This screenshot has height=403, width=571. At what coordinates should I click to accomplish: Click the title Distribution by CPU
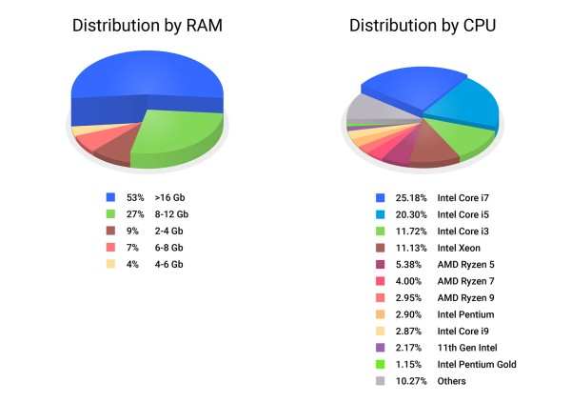pos(422,26)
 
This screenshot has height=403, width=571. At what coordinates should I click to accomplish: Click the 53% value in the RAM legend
pos(134,199)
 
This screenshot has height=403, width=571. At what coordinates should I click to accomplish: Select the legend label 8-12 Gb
pos(171,215)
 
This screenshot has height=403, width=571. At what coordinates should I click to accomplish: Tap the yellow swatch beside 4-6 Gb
pos(110,264)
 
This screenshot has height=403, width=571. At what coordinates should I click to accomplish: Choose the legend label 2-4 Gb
pos(168,232)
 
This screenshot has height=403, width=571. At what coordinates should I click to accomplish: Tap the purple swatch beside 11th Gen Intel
pos(381,348)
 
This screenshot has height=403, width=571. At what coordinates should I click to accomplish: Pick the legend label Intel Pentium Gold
pos(477,364)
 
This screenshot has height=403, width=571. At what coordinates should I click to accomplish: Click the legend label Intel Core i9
pos(464,331)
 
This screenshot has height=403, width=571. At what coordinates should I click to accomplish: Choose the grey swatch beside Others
pos(381,381)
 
